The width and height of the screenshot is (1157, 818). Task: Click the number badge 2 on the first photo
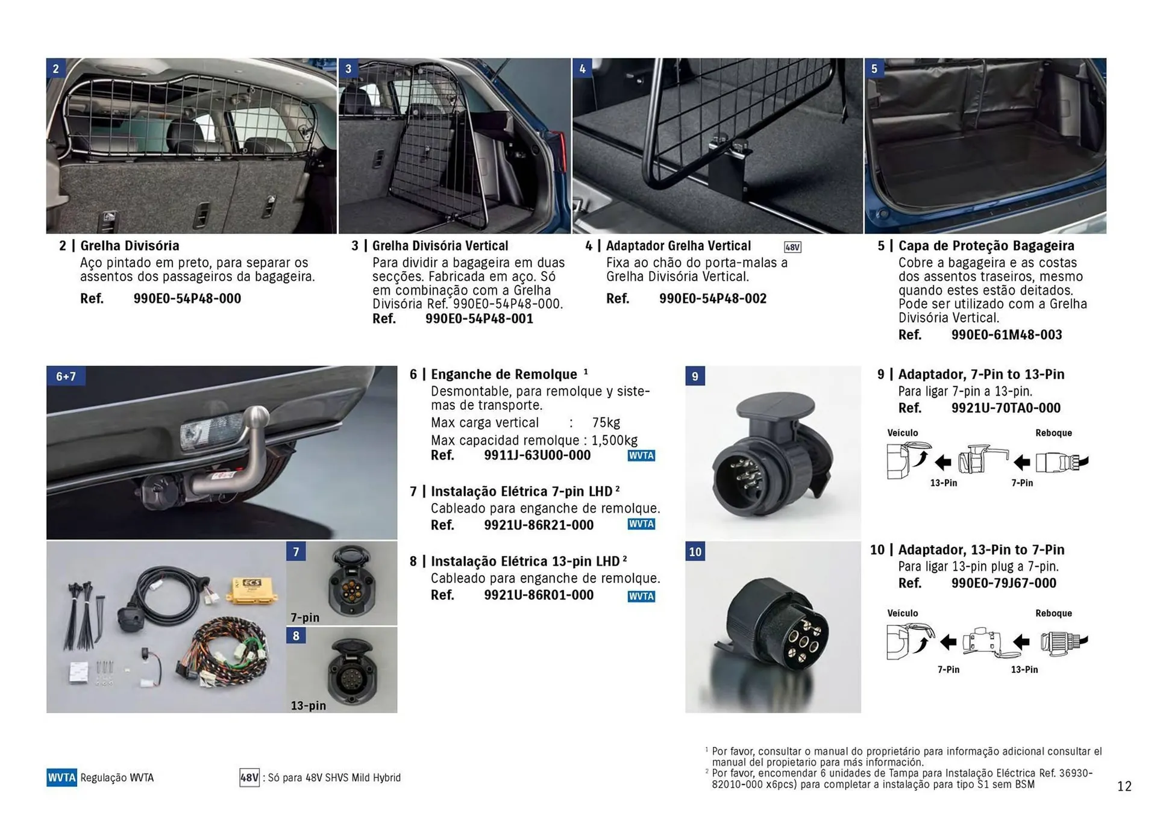(x=56, y=68)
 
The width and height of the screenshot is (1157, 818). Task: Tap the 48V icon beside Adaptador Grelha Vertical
(x=792, y=247)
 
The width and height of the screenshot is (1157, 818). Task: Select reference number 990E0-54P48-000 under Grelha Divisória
(x=187, y=299)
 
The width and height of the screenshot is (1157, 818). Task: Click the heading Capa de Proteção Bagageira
(x=986, y=246)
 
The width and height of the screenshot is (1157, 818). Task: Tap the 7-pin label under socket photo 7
(x=305, y=617)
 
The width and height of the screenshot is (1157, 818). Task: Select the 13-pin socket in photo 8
(x=351, y=673)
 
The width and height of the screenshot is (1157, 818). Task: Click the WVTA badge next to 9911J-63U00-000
(x=641, y=456)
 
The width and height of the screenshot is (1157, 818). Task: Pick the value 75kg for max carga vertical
(x=606, y=423)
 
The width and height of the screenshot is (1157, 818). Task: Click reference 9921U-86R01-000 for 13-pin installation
(x=538, y=595)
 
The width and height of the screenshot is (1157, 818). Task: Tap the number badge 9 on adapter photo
(x=695, y=376)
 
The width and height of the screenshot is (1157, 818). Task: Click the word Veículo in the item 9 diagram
(x=902, y=433)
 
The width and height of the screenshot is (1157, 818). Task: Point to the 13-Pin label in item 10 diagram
(x=1024, y=669)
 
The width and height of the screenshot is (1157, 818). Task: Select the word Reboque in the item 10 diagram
(x=1053, y=613)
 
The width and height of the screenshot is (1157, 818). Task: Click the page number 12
(x=1124, y=786)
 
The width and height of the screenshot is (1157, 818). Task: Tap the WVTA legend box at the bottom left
(x=61, y=778)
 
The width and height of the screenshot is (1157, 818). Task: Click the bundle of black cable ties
(x=83, y=614)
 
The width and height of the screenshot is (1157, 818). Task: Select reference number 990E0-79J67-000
(x=1003, y=583)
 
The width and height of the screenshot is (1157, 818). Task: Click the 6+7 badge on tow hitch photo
(x=66, y=376)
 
